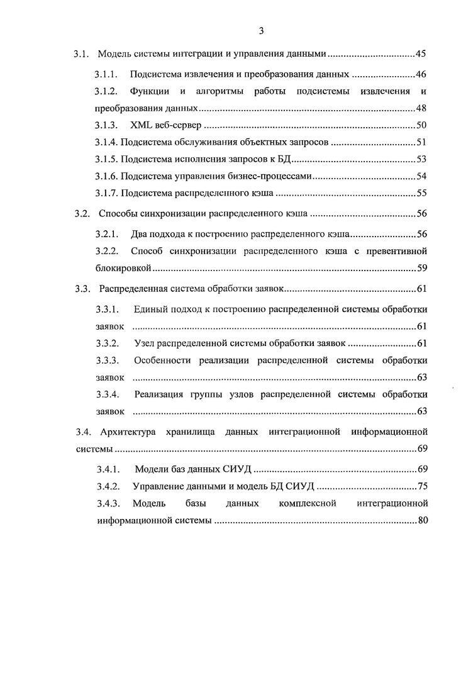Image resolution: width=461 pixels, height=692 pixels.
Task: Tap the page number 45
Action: point(421,53)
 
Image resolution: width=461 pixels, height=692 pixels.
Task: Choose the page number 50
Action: point(421,125)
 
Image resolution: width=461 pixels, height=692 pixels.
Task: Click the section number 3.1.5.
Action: point(106,159)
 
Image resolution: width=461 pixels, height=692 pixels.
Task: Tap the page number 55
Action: point(421,193)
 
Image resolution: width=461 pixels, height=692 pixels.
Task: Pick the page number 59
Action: point(421,269)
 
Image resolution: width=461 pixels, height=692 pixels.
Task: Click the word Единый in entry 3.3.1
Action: point(150,310)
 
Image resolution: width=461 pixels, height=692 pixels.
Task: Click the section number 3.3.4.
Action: point(107,394)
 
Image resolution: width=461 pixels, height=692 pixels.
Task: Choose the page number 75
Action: point(421,486)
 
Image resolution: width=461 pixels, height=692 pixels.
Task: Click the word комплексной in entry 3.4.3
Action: point(307,503)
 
